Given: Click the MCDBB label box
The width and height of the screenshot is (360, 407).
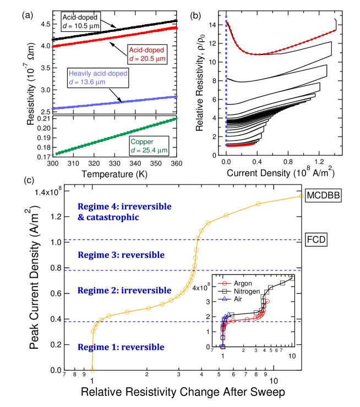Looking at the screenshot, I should [x=324, y=195].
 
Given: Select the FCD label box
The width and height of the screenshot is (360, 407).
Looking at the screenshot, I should [x=316, y=240].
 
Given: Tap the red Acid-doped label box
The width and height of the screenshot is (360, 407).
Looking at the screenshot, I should [x=146, y=54].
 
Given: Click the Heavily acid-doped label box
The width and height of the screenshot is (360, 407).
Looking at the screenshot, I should [x=98, y=78].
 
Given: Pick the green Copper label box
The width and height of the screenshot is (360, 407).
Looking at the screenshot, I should [x=149, y=146].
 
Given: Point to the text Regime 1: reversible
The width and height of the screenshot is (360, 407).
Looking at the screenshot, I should [x=121, y=348].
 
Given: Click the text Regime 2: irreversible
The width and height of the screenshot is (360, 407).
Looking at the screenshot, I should [x=124, y=290].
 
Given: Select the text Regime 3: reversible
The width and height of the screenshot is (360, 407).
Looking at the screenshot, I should [x=121, y=255].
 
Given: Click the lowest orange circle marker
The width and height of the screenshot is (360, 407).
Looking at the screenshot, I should [x=92, y=370].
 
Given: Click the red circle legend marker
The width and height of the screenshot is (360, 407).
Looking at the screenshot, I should [x=224, y=284].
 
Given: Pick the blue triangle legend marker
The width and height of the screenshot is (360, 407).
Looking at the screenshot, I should [x=224, y=299].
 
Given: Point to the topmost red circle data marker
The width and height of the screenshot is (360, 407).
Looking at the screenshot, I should [x=268, y=301].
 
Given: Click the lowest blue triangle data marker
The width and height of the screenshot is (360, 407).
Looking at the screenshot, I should [x=222, y=346].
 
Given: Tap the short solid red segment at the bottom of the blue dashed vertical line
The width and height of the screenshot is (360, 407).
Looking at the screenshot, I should [x=241, y=145].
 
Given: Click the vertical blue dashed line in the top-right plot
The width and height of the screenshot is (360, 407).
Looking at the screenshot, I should [x=226, y=82].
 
